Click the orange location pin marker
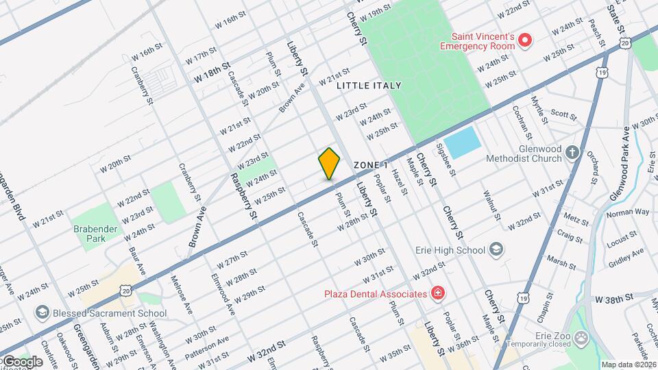pyautogui.click(x=330, y=164)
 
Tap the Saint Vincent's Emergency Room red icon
pyautogui.click(x=526, y=40)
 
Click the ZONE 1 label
pyautogui.click(x=371, y=165)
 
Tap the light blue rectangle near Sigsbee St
pyautogui.click(x=463, y=143)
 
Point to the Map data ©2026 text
pyautogui.click(x=629, y=365)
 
